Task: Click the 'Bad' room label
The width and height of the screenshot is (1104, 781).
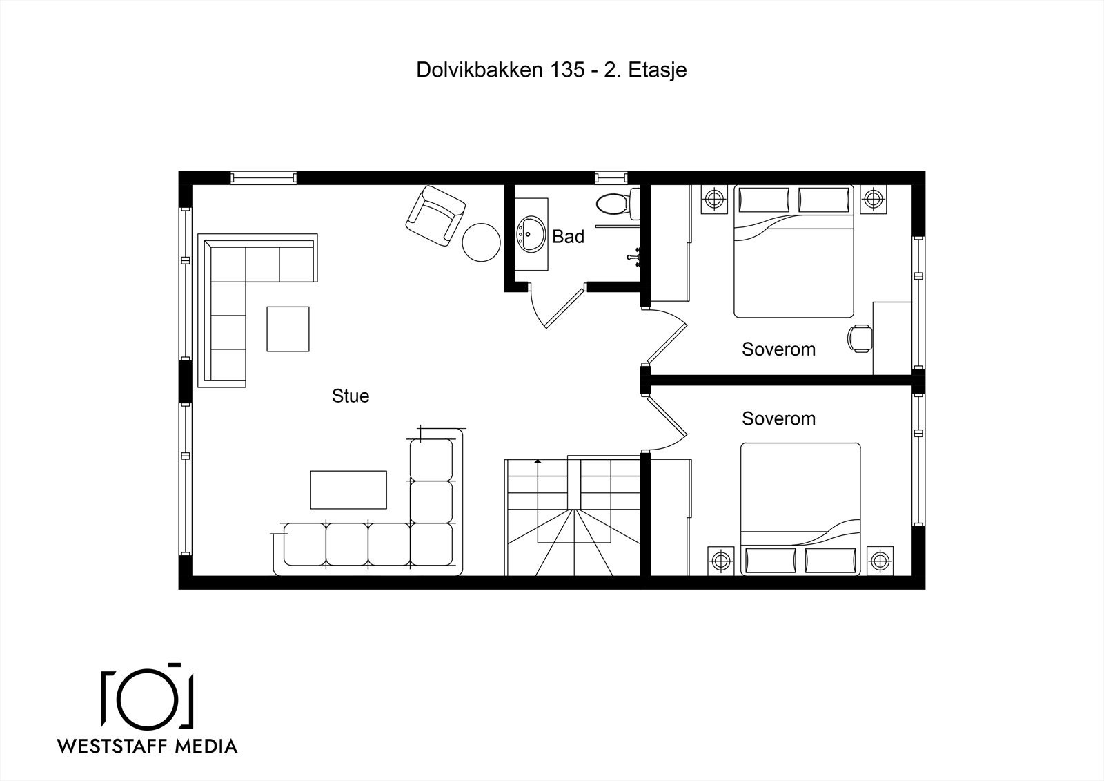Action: click(568, 237)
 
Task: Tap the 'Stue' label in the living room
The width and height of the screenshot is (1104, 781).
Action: click(351, 396)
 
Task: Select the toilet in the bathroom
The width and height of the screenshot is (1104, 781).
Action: click(618, 203)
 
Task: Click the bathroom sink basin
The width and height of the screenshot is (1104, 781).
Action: click(531, 234)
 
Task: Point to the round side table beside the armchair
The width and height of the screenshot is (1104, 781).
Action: click(481, 242)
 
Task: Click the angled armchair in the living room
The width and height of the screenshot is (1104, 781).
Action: click(435, 216)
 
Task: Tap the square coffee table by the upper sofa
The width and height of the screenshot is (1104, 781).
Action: click(288, 329)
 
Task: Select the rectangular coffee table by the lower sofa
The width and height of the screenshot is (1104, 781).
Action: click(348, 490)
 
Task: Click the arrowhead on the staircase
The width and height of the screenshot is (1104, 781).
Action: click(538, 462)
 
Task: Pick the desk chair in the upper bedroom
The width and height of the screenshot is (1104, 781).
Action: click(860, 338)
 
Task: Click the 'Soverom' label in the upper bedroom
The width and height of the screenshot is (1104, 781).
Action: click(778, 349)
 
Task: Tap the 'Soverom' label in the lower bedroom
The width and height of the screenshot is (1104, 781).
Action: click(778, 418)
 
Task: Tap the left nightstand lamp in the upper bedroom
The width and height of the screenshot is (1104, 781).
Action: click(714, 200)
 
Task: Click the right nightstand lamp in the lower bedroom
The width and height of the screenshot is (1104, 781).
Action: click(880, 561)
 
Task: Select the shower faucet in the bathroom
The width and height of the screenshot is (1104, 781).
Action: click(635, 257)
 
